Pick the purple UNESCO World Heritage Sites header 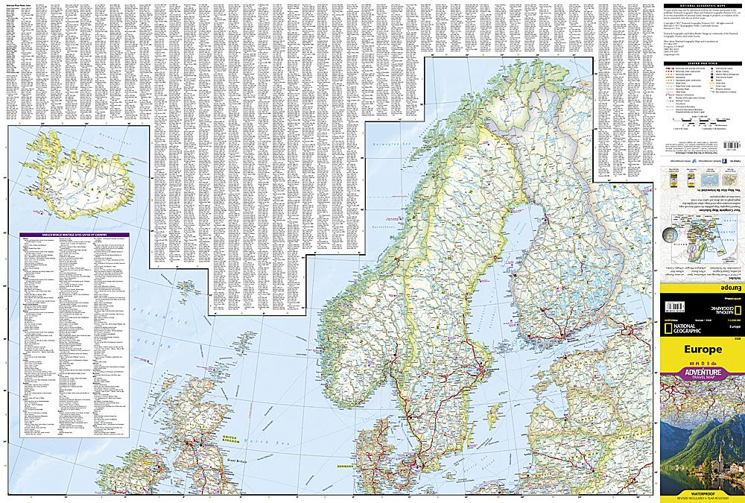pos(74,236)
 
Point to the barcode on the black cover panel pos(676,306)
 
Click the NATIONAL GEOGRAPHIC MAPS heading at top pos(703,7)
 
